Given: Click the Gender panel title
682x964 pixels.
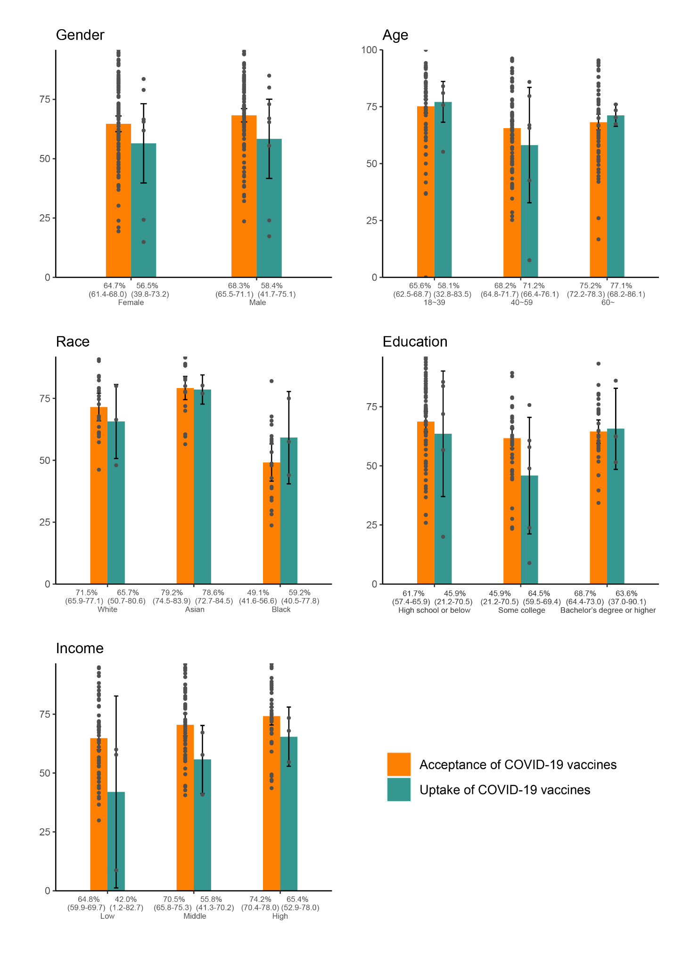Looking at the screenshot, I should tap(80, 35).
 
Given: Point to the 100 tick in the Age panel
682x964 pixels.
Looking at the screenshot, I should tap(369, 50).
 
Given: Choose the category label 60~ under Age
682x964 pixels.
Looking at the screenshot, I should tap(608, 303).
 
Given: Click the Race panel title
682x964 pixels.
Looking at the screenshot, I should tap(73, 341).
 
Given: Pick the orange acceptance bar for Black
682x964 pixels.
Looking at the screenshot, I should tap(271, 523).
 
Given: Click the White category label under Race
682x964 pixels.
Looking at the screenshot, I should tap(107, 610).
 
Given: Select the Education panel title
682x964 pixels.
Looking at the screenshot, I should tap(415, 342).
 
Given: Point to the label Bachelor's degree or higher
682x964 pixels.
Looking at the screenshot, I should tap(608, 611).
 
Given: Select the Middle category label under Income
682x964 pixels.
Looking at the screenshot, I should tap(195, 916).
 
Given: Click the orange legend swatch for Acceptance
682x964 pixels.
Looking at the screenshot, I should tap(399, 764).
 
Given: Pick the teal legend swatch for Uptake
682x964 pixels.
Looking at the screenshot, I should tap(399, 790).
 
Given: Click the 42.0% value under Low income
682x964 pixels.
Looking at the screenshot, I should tap(126, 899).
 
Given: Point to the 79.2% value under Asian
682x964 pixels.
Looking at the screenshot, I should tap(172, 592).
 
